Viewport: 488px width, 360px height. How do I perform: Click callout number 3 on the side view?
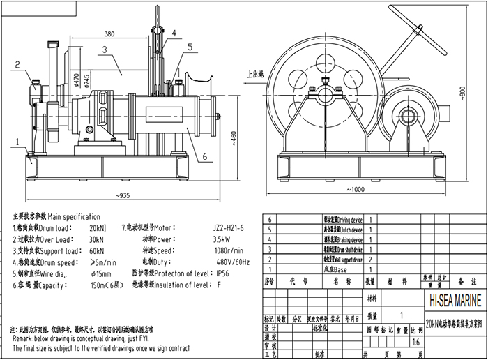click(x=103, y=50)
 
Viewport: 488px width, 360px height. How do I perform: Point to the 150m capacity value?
click(x=100, y=284)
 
